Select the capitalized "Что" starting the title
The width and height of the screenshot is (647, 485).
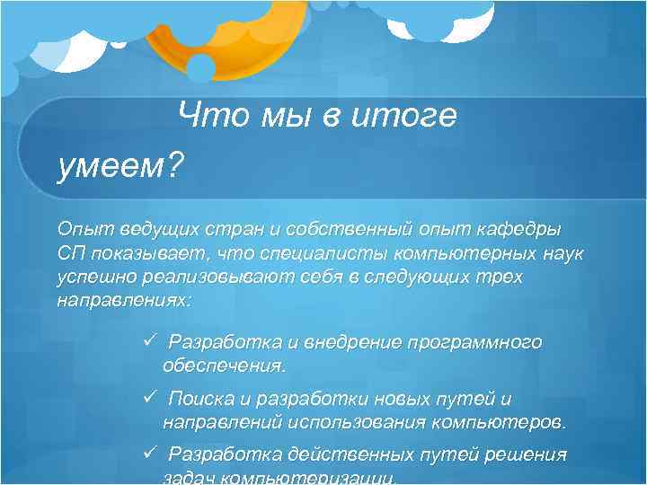click(x=207, y=116)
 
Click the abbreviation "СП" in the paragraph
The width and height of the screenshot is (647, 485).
click(x=71, y=255)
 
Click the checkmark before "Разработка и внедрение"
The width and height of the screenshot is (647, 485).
click(x=150, y=341)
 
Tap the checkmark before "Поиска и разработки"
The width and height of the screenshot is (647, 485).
click(x=150, y=398)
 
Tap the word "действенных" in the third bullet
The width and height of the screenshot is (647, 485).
click(x=350, y=455)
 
